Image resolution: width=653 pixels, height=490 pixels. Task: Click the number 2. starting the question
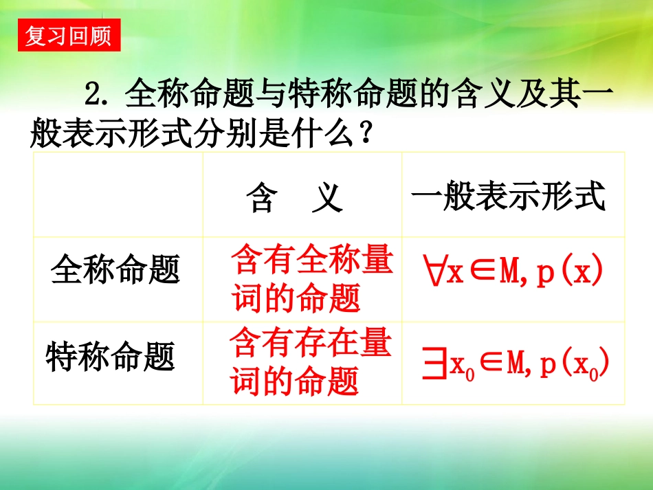pyautogui.click(x=96, y=93)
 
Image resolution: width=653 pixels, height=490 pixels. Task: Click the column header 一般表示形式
pyautogui.click(x=509, y=197)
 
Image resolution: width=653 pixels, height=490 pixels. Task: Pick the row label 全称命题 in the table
pyautogui.click(x=115, y=270)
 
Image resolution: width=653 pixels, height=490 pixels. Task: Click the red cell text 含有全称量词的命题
pyautogui.click(x=311, y=280)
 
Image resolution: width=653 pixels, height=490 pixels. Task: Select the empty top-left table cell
pyautogui.click(x=118, y=195)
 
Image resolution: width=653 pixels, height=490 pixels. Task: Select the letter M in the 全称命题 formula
pyautogui.click(x=509, y=273)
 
